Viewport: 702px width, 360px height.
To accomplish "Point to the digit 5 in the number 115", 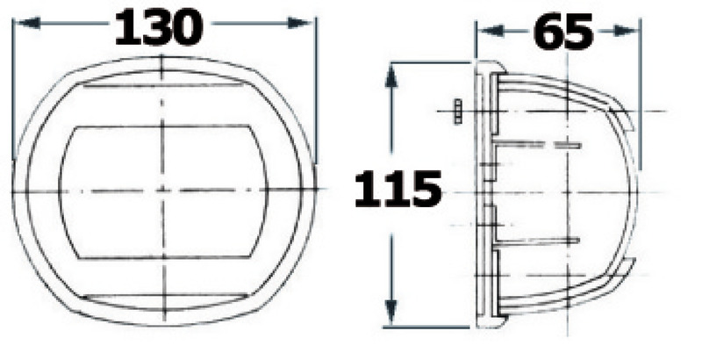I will click(x=423, y=188).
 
